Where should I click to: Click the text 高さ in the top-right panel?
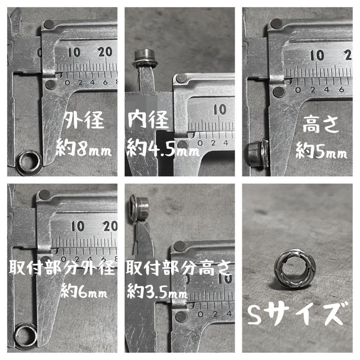(321, 124)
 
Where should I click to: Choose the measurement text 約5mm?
(321, 150)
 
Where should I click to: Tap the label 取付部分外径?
(62, 268)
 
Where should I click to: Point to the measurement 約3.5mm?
(157, 292)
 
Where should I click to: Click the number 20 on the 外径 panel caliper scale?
(105, 52)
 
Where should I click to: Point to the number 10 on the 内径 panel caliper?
(220, 110)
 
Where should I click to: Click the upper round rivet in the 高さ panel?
(276, 23)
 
